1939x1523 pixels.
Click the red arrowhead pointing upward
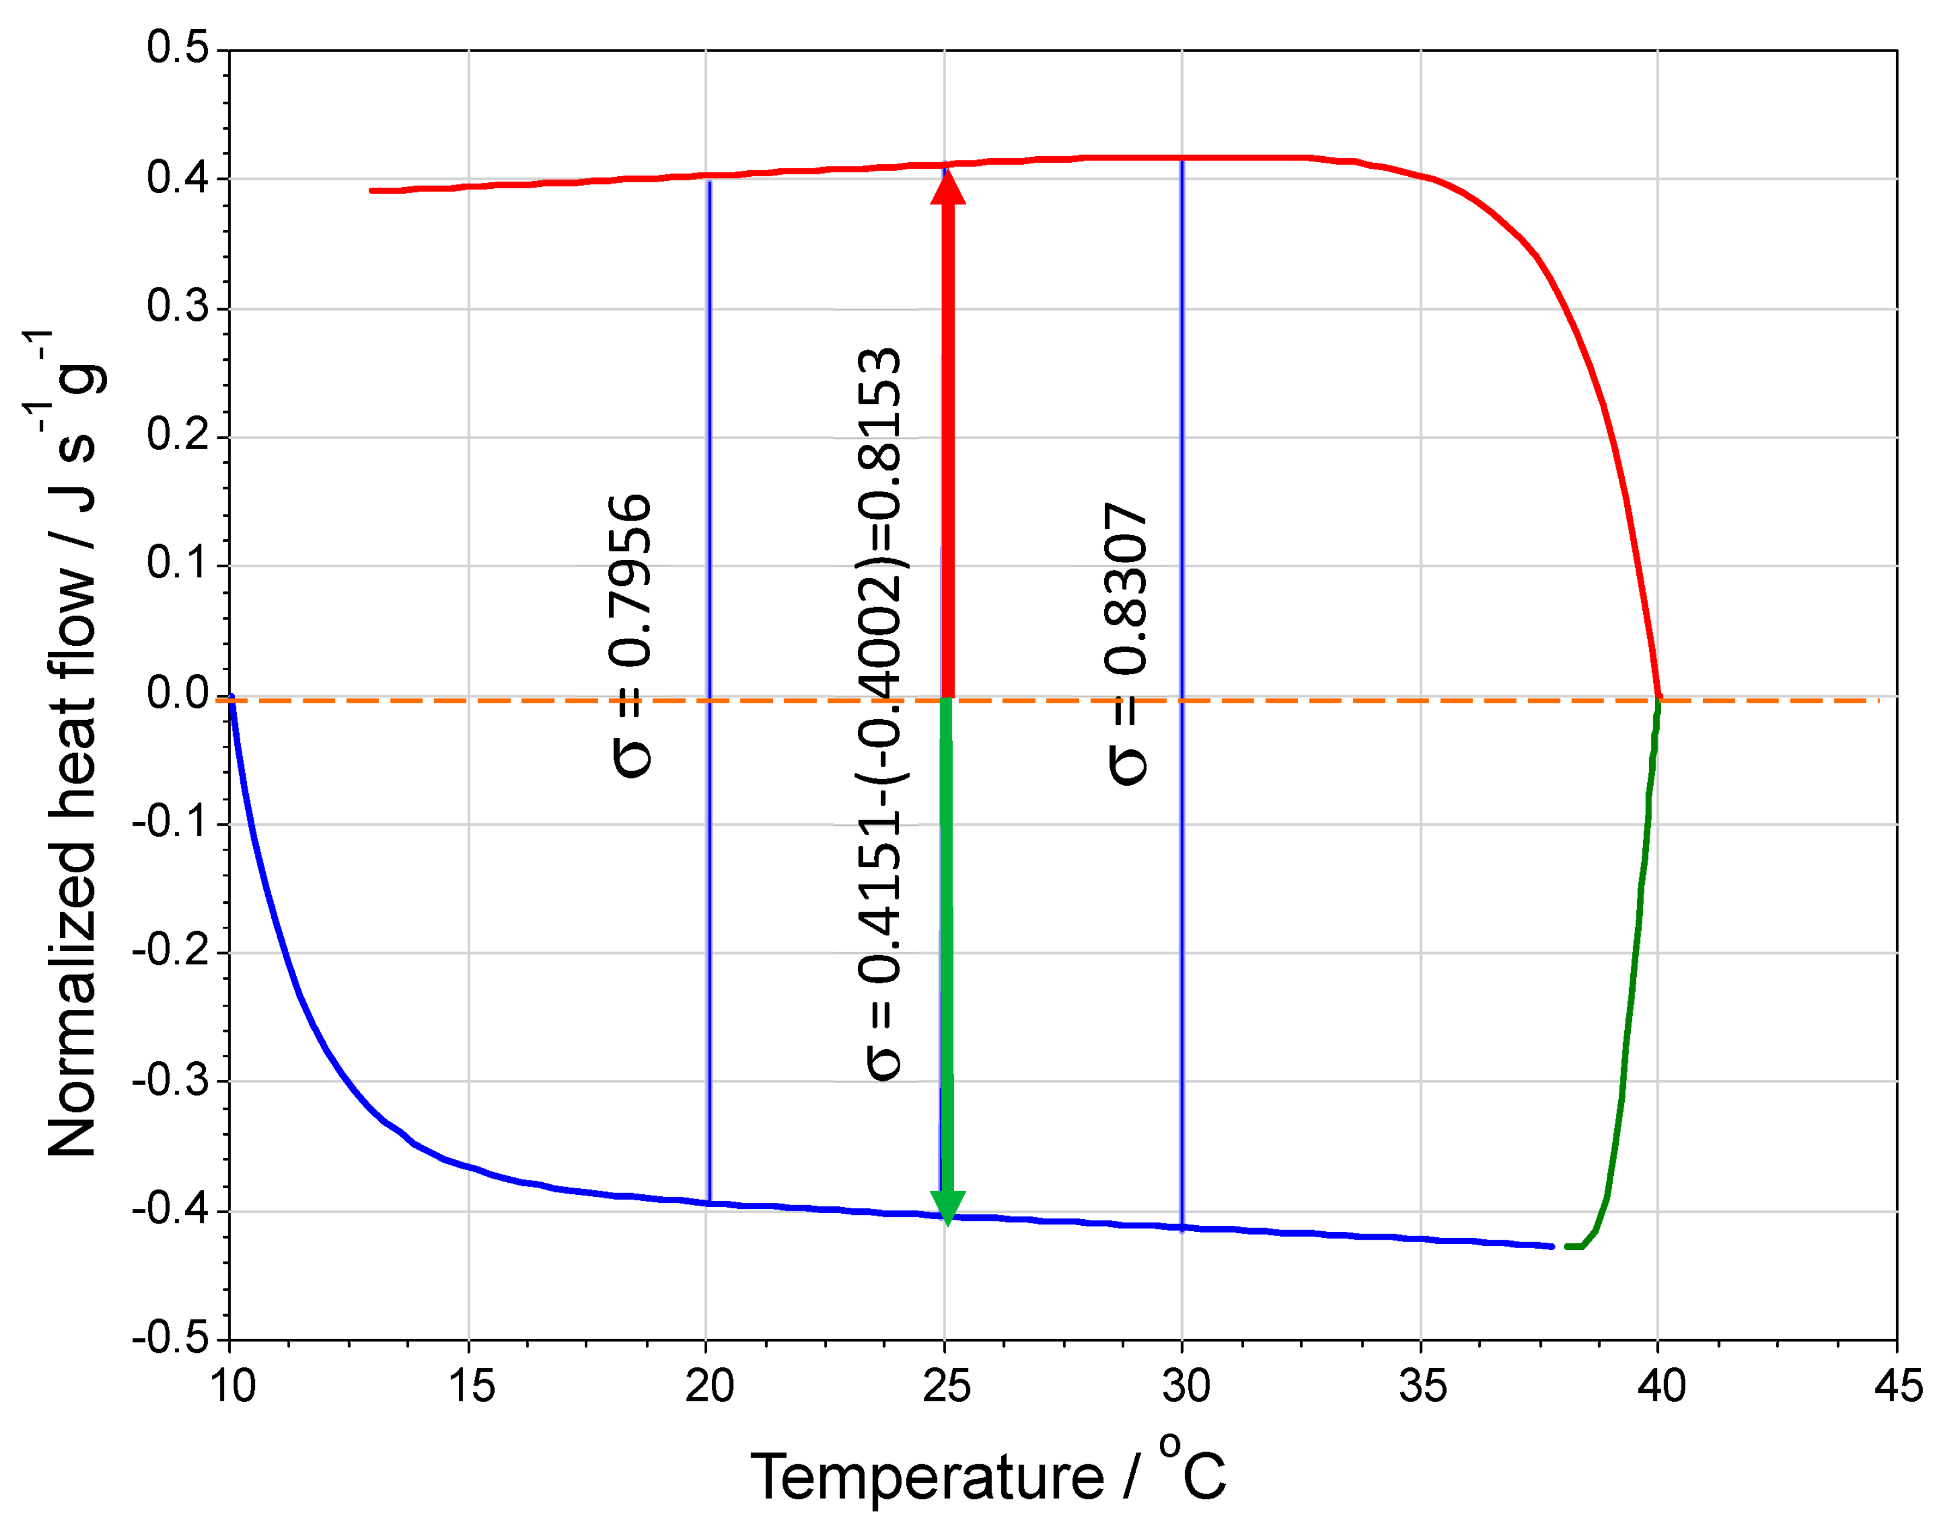click(x=947, y=186)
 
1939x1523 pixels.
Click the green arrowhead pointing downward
click(x=947, y=1206)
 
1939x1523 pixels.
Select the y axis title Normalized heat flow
click(x=71, y=745)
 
